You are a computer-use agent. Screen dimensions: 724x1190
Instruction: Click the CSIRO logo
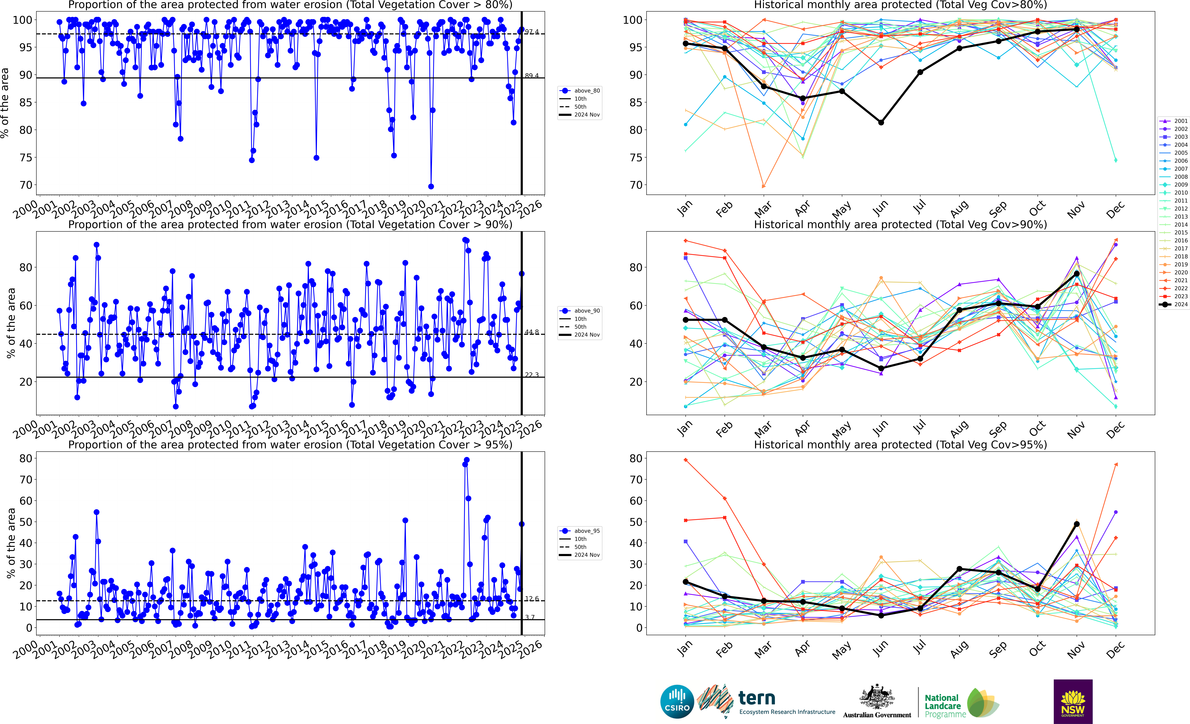coord(677,701)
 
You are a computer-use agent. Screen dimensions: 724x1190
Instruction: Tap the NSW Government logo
coord(1073,701)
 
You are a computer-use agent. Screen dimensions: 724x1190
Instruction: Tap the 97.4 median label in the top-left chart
coord(532,32)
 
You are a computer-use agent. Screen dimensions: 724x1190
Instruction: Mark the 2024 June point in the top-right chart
coord(881,123)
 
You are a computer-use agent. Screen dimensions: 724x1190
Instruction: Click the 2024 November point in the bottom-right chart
coord(1076,524)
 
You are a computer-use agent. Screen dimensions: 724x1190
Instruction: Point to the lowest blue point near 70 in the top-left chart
coord(431,186)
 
